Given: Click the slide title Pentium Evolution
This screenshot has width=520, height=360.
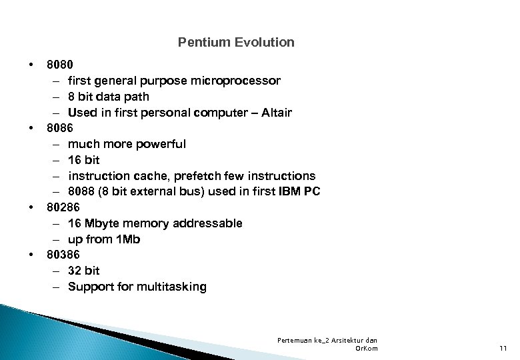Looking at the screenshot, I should tap(236, 43).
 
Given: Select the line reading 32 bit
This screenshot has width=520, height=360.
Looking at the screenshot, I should tap(83, 271).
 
